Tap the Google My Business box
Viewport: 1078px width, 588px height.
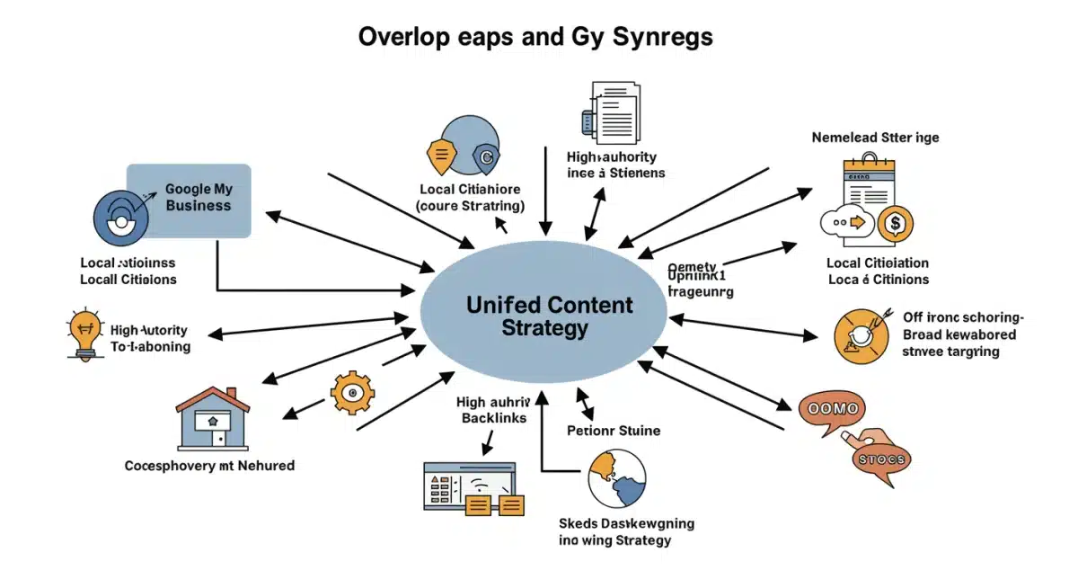click(x=190, y=200)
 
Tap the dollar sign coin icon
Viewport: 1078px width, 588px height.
click(x=897, y=221)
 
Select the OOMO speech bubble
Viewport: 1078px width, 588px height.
click(x=834, y=410)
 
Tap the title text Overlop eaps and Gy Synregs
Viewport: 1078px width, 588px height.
click(x=536, y=38)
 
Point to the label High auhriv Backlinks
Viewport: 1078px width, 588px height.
click(x=494, y=410)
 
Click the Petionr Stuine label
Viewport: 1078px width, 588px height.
click(x=614, y=431)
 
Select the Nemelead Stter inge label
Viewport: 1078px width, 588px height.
click(x=875, y=138)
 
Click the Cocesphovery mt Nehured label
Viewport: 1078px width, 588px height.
click(x=209, y=466)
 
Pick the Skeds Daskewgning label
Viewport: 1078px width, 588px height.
click(x=625, y=523)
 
